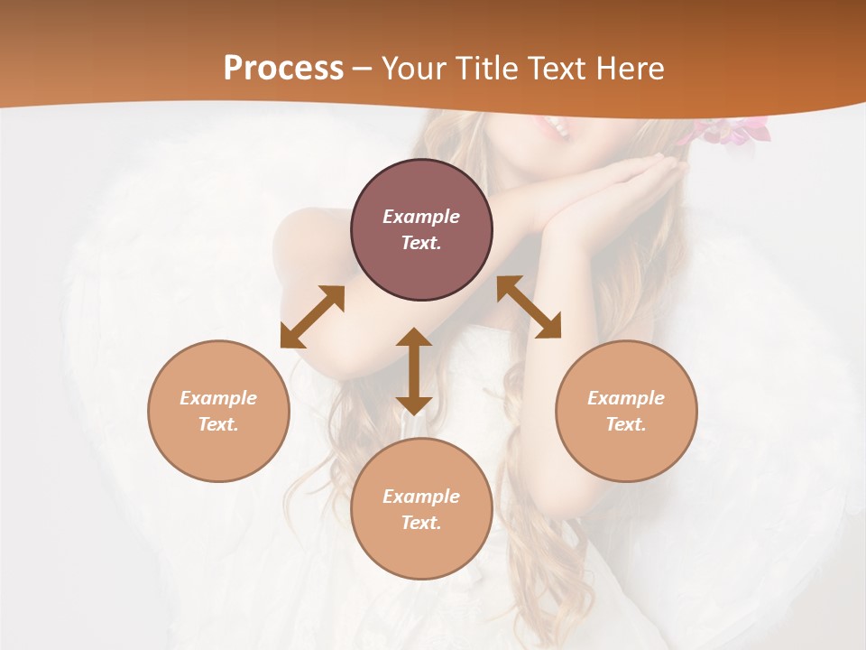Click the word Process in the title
pyautogui.click(x=283, y=69)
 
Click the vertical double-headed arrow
pyautogui.click(x=414, y=371)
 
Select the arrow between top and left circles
pyautogui.click(x=312, y=317)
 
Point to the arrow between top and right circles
pyautogui.click(x=529, y=307)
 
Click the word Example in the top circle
pyautogui.click(x=421, y=217)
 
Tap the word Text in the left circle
pyautogui.click(x=218, y=424)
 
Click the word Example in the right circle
pyautogui.click(x=626, y=398)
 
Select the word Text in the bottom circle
pyautogui.click(x=421, y=523)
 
